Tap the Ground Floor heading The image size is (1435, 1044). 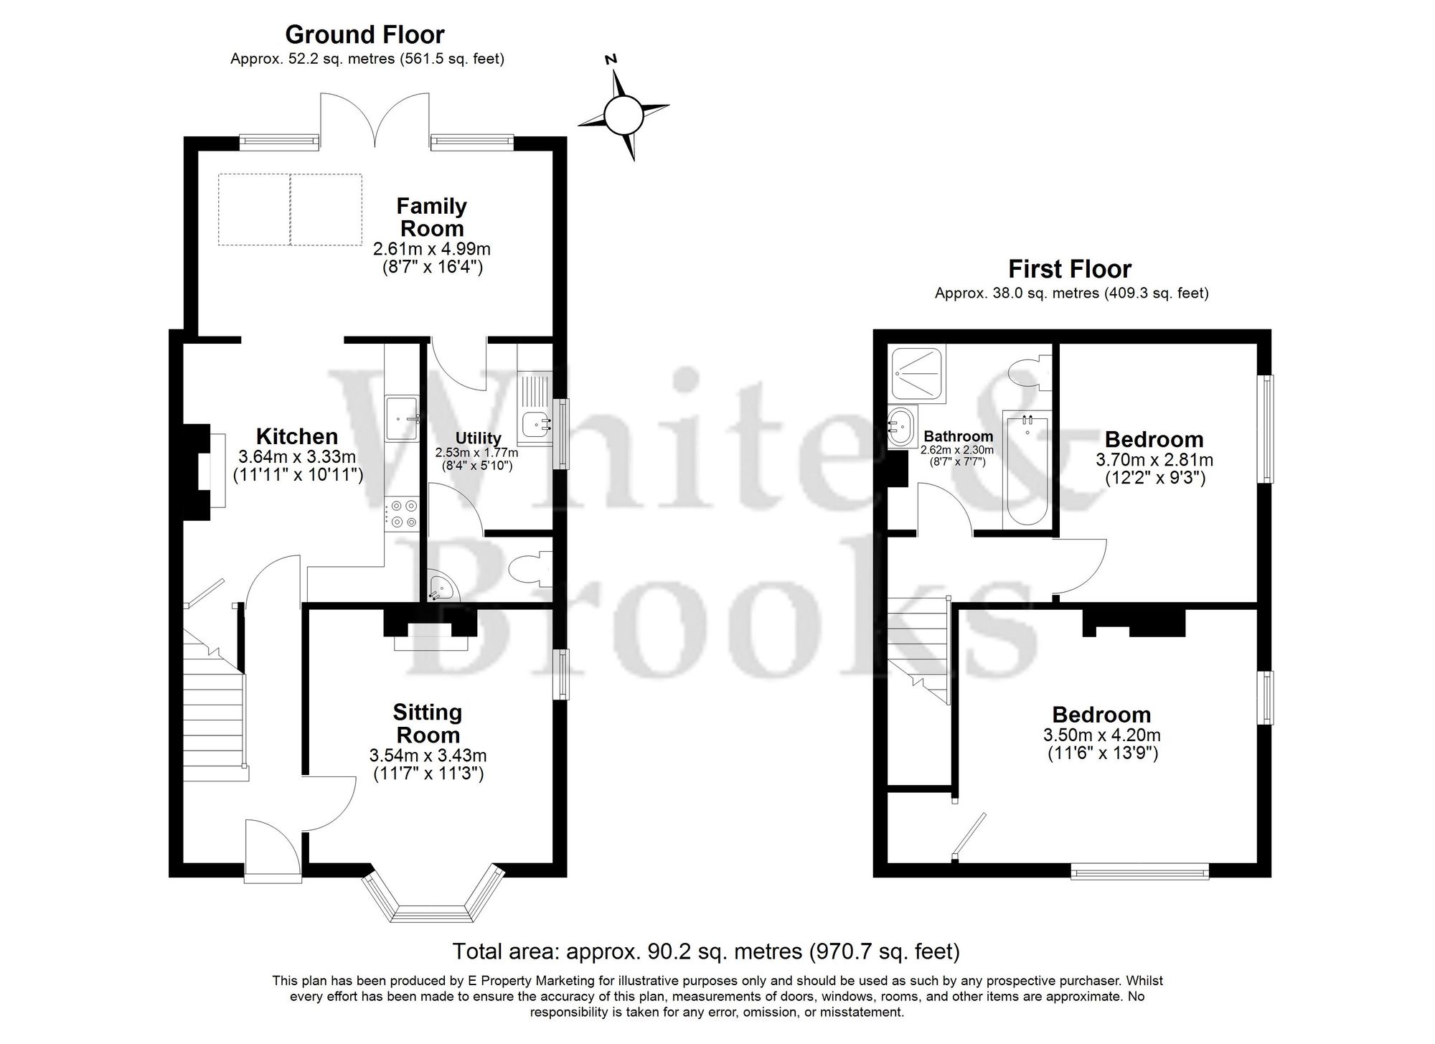pos(364,34)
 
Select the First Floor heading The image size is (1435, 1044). pos(1069,269)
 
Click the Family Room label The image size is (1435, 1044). pos(431,217)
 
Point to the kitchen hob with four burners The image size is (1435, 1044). pos(401,514)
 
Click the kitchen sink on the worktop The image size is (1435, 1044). pos(402,419)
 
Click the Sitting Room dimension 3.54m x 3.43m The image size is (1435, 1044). pos(428,755)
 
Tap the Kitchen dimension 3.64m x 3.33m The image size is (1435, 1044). pos(297,457)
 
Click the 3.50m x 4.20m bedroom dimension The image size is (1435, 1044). pos(1101,735)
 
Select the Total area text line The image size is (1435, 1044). pos(705,951)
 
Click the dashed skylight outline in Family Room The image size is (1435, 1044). pos(291,209)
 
